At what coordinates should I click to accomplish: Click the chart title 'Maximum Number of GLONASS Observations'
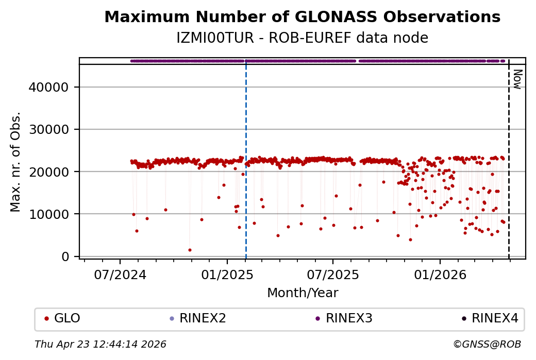[302, 17]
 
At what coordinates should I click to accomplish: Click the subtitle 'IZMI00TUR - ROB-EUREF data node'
[302, 38]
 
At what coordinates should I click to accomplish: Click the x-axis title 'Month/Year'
[303, 293]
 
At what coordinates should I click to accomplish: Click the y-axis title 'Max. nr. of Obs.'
[15, 161]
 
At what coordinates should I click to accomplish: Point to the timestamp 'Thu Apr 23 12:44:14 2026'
[100, 344]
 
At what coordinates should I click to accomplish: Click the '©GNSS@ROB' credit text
[487, 344]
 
